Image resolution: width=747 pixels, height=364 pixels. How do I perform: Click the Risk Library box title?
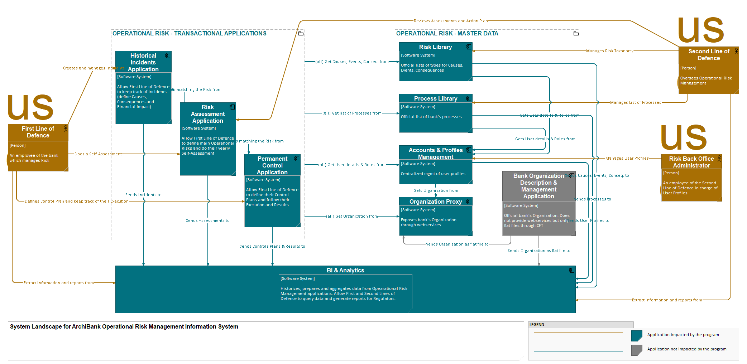click(435, 47)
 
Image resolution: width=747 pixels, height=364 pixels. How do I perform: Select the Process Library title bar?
click(435, 98)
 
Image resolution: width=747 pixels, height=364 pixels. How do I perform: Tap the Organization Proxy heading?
click(435, 202)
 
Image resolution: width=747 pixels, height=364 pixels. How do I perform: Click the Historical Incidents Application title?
click(143, 62)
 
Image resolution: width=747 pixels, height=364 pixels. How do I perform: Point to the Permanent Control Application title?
click(272, 165)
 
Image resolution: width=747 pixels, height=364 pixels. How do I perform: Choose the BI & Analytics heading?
click(345, 270)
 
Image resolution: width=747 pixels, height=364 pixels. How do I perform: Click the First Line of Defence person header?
click(38, 132)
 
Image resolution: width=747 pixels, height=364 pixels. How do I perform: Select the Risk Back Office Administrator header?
click(691, 162)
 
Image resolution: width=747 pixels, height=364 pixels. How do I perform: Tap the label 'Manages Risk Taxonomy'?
click(609, 51)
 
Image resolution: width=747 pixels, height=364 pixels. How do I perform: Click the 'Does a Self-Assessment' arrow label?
click(98, 154)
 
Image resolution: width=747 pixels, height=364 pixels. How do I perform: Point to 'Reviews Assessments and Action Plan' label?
click(451, 21)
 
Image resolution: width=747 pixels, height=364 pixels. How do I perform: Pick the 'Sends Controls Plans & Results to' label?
click(272, 246)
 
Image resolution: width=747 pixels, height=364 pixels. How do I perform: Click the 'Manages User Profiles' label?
click(627, 158)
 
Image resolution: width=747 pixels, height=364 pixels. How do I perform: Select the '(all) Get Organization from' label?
click(352, 216)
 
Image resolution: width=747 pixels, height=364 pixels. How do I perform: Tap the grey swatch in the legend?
click(636, 350)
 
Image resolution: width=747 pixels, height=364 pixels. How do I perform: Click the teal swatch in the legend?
click(636, 336)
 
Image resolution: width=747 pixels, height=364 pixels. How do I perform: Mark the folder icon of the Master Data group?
click(576, 34)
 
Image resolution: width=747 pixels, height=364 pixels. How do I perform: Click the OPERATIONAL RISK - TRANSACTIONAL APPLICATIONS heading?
click(190, 33)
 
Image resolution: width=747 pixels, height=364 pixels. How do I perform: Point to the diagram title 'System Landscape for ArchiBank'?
click(124, 326)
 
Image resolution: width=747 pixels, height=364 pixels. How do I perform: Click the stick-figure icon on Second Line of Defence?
click(736, 51)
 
